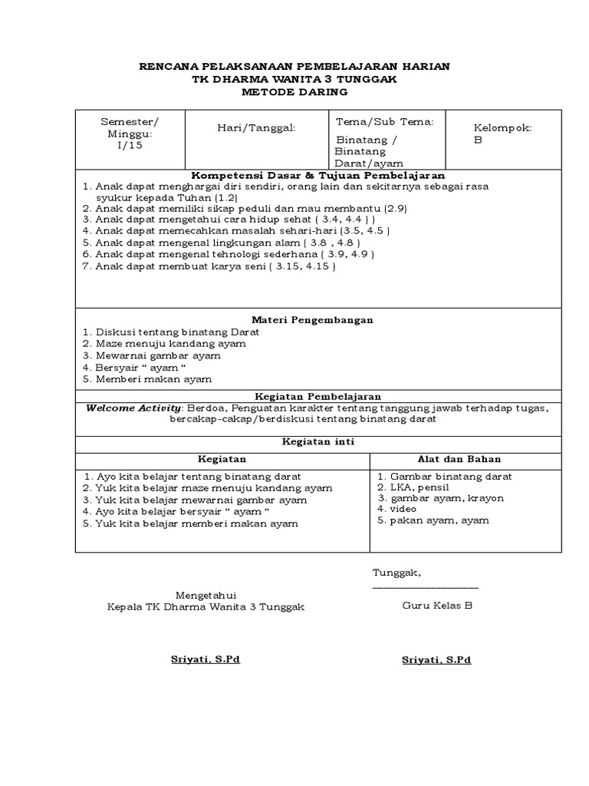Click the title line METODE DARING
click(294, 92)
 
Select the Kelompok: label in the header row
click(503, 127)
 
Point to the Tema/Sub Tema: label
click(385, 121)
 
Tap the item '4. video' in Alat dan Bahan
click(397, 509)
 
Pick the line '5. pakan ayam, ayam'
click(433, 520)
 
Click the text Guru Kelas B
click(437, 606)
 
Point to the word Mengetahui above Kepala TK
click(207, 595)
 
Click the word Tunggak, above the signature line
click(397, 573)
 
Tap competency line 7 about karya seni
click(209, 266)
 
